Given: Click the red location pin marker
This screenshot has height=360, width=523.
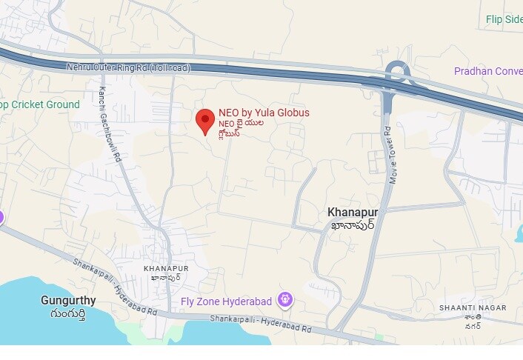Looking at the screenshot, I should click(205, 120).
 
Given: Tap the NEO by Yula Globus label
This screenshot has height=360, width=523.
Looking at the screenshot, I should click(264, 113).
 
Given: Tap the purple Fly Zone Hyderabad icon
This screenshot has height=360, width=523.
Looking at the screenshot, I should click(285, 300).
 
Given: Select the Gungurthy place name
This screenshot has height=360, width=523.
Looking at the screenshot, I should click(68, 301).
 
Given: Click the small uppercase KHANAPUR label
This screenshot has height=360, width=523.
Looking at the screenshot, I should click(166, 267).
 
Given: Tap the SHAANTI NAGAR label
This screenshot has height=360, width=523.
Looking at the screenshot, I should click(473, 307).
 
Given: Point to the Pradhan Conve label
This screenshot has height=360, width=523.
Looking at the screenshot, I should click(487, 71).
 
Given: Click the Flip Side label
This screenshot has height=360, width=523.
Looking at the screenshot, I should click(504, 19).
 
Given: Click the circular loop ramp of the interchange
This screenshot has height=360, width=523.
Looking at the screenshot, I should click(399, 73).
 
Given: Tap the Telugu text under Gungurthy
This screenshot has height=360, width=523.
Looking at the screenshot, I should click(68, 314).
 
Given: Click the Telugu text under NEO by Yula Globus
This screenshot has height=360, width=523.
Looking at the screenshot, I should click(241, 128).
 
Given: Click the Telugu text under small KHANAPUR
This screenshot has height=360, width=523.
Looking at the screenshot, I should click(166, 278).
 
